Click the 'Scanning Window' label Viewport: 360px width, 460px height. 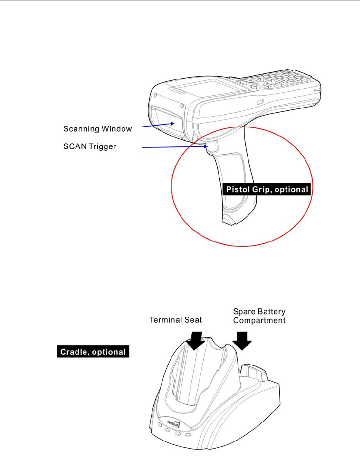click(x=97, y=129)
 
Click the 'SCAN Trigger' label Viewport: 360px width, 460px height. click(x=90, y=147)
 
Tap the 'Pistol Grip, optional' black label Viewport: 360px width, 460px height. click(x=267, y=189)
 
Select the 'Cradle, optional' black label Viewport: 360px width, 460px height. click(x=93, y=352)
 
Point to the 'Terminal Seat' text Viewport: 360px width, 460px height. click(x=176, y=320)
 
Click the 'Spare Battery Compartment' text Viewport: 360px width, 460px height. click(x=259, y=316)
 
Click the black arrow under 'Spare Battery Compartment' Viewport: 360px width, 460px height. click(x=243, y=340)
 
